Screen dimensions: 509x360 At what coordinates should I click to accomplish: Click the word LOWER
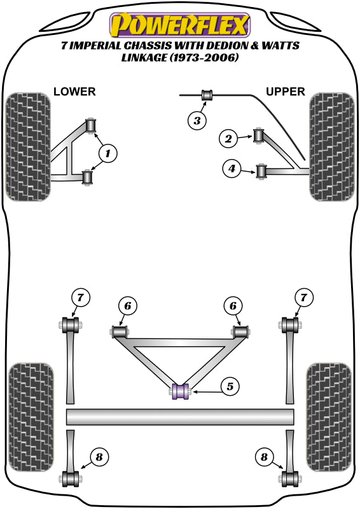74,92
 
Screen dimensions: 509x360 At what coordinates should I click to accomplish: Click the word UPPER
286,92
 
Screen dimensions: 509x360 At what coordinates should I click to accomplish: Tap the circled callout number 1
107,153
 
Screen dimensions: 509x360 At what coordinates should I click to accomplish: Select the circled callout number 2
228,137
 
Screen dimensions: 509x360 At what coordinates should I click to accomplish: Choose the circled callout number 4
232,169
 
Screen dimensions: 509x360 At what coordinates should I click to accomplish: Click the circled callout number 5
230,386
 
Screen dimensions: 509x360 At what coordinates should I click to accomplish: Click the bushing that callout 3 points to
207,96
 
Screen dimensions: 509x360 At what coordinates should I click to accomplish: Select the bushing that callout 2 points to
259,136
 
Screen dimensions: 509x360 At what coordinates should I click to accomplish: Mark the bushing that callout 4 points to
260,171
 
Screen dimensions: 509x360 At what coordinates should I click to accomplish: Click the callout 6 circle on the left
127,307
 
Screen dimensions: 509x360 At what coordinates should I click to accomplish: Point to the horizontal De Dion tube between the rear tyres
180,417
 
